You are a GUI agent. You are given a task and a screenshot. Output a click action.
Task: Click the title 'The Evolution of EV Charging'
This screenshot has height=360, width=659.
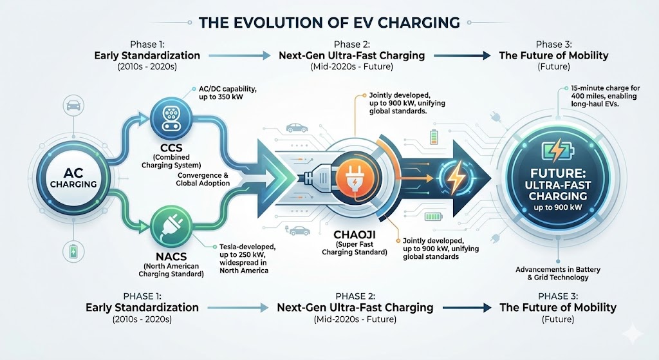tap(329, 23)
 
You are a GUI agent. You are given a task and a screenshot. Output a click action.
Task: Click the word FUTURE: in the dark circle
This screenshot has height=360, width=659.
tap(555, 174)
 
